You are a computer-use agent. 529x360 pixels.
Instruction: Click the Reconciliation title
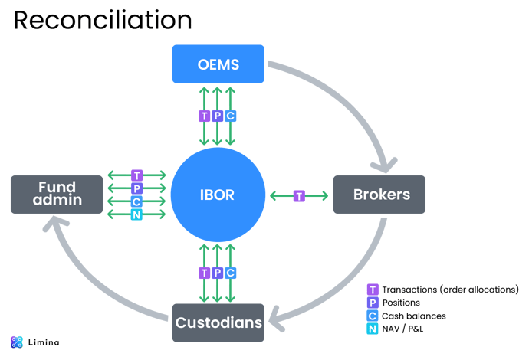pyautogui.click(x=103, y=21)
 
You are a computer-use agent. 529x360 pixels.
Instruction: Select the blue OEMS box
pyautogui.click(x=218, y=64)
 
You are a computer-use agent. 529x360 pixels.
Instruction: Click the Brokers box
pyautogui.click(x=381, y=195)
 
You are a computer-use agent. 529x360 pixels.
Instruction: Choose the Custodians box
pyautogui.click(x=218, y=322)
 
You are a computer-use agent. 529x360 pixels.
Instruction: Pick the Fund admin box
pyautogui.click(x=57, y=195)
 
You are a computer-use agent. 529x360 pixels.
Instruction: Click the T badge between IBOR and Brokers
pyautogui.click(x=299, y=196)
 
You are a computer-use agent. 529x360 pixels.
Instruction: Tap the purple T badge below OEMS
pyautogui.click(x=204, y=116)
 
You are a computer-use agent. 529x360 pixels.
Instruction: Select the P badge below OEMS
pyautogui.click(x=218, y=116)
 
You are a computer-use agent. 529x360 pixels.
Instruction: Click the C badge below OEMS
pyautogui.click(x=231, y=116)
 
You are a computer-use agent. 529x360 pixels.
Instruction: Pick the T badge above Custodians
pyautogui.click(x=204, y=273)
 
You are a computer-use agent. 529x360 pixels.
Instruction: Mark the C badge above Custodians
pyautogui.click(x=231, y=273)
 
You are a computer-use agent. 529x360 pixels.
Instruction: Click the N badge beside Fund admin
pyautogui.click(x=136, y=215)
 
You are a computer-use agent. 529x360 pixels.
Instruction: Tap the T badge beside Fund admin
pyautogui.click(x=136, y=175)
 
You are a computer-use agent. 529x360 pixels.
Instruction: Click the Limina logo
pyautogui.click(x=34, y=342)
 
